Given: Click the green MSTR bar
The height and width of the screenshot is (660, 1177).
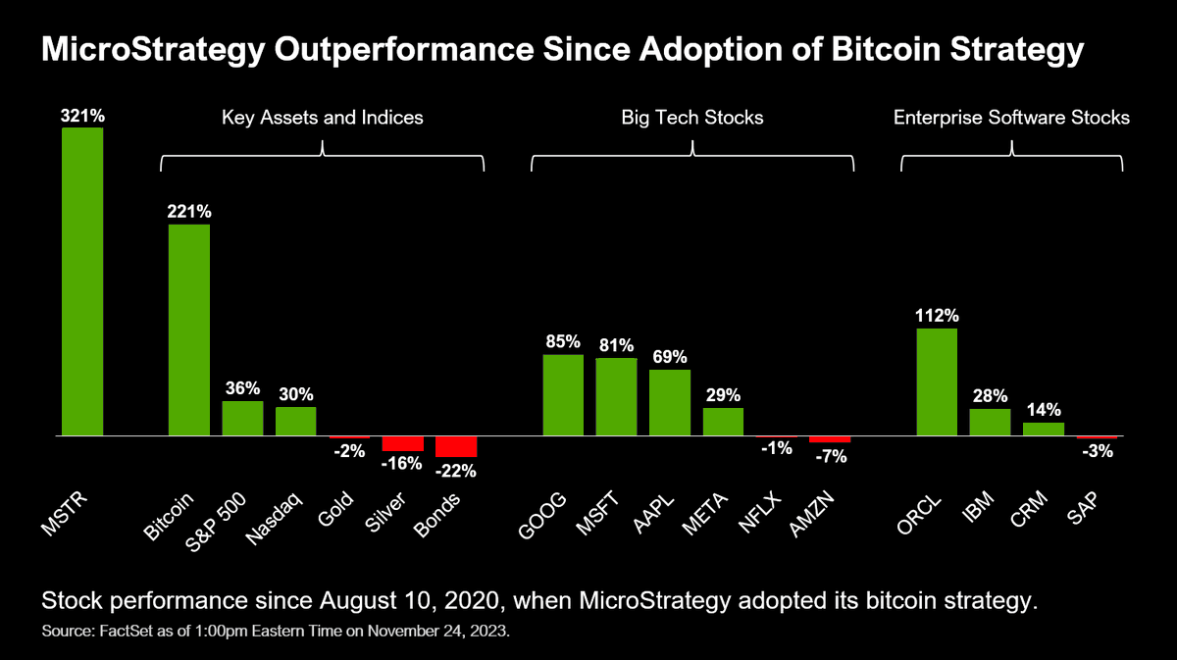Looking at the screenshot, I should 82,281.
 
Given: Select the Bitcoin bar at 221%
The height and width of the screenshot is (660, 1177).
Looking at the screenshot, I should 188,330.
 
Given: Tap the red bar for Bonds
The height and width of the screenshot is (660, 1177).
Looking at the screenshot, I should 456,446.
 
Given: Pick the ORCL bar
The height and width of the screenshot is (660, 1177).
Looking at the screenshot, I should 937,381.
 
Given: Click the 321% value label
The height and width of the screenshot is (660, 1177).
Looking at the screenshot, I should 82,116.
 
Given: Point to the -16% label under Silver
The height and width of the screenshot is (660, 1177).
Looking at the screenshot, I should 403,463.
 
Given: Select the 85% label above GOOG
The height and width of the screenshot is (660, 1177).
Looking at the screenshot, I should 563,342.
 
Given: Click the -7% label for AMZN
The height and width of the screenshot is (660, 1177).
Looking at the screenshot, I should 830,455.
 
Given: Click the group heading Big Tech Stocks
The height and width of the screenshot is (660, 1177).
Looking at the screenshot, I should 692,118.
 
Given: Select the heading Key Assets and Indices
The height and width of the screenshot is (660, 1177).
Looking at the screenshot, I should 323,118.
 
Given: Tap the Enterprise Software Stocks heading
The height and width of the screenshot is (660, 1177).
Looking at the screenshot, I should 1011,118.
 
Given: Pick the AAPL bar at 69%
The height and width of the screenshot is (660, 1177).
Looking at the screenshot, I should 670,402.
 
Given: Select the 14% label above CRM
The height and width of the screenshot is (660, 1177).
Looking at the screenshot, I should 1044,410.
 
